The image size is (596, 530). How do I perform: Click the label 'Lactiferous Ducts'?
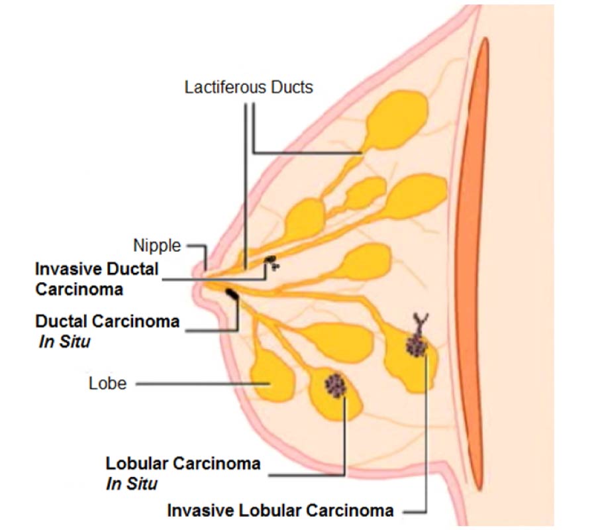coord(248,87)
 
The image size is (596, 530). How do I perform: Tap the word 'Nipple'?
coord(157,246)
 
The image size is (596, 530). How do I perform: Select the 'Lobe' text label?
coord(107,383)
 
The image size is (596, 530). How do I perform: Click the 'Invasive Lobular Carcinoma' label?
coord(281,511)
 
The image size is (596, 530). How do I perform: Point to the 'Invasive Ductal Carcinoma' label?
coord(97,279)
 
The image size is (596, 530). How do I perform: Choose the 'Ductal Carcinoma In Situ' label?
coord(107,331)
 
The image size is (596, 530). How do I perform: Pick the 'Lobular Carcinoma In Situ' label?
coord(183,473)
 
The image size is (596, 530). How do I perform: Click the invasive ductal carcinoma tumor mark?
coord(271,260)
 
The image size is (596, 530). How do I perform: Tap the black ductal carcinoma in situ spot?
coord(232,293)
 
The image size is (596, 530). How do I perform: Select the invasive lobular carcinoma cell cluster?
coord(417,345)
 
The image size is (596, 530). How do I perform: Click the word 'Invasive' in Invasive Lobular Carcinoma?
coord(197,511)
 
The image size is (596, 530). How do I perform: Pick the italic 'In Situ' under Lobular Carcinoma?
coord(132,484)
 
